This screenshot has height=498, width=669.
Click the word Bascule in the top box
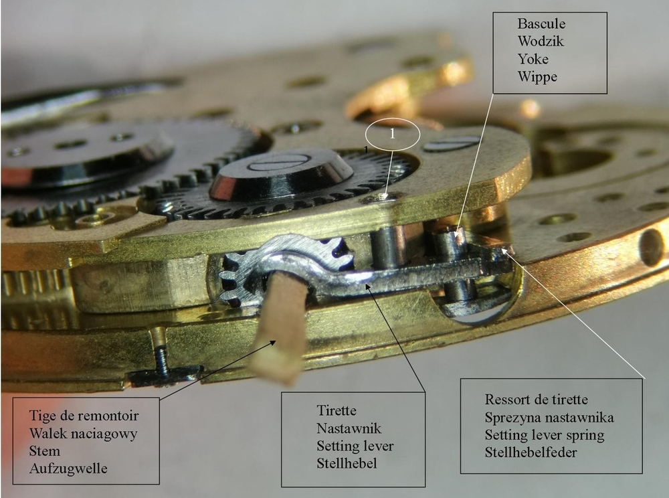coord(541,23)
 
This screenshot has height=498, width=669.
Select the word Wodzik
coord(541,41)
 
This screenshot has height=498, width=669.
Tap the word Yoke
coord(533,58)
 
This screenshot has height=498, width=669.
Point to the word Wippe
coord(537,77)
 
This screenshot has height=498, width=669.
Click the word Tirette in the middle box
coord(337,410)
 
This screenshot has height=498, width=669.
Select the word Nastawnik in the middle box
coord(349,428)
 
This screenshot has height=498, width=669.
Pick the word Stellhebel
coord(347,463)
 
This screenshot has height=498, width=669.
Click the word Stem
coord(44,451)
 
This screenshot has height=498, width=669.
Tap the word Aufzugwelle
coord(68,469)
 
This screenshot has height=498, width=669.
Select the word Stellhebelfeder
coord(531,452)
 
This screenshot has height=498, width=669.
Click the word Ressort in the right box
coord(506,400)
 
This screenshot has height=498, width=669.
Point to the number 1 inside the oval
coord(392,134)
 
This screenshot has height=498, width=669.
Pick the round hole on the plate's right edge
coord(652,248)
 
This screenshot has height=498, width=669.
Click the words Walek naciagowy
coord(83,434)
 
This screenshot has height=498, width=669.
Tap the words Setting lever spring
coord(545,435)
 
